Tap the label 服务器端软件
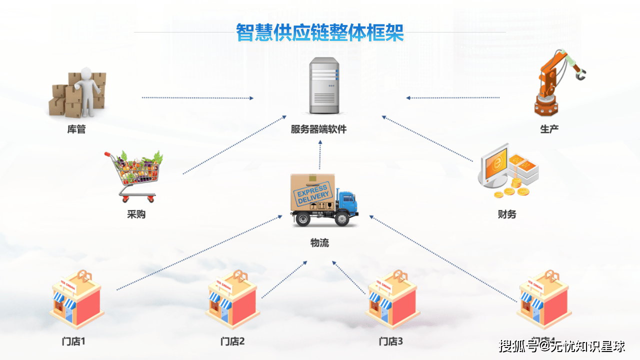(318, 129)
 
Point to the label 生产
(549, 129)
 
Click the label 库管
(76, 129)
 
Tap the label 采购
(136, 215)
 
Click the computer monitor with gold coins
(507, 171)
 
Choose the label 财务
(506, 214)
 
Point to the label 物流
(319, 243)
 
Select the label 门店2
(232, 342)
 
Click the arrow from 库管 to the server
(197, 98)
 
